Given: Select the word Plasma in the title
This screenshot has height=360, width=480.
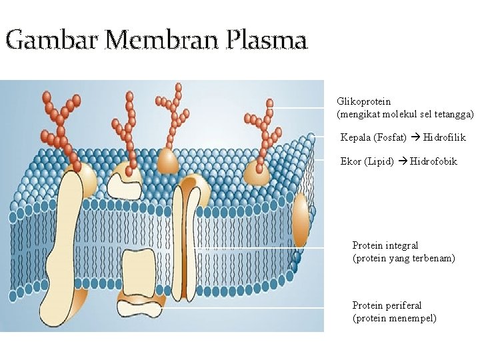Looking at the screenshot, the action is click(267, 41).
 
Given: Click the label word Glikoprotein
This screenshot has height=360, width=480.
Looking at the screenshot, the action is click(364, 102).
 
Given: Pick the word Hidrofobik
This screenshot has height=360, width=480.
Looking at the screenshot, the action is click(434, 161).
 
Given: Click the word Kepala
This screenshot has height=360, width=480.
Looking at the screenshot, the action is click(355, 138).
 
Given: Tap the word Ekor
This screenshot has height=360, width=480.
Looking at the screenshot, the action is click(351, 161).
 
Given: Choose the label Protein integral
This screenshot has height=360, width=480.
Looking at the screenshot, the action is click(385, 245).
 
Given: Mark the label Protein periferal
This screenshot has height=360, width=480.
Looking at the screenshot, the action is click(387, 305).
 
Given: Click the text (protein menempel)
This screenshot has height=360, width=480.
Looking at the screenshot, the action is click(395, 318).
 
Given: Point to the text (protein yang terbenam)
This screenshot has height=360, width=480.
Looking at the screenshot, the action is click(404, 258).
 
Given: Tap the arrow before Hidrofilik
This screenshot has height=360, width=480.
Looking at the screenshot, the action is click(415, 138).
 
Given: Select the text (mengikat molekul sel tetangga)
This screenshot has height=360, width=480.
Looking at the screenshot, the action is click(406, 115).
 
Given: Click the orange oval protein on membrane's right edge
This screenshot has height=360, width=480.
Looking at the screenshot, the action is click(301, 221).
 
